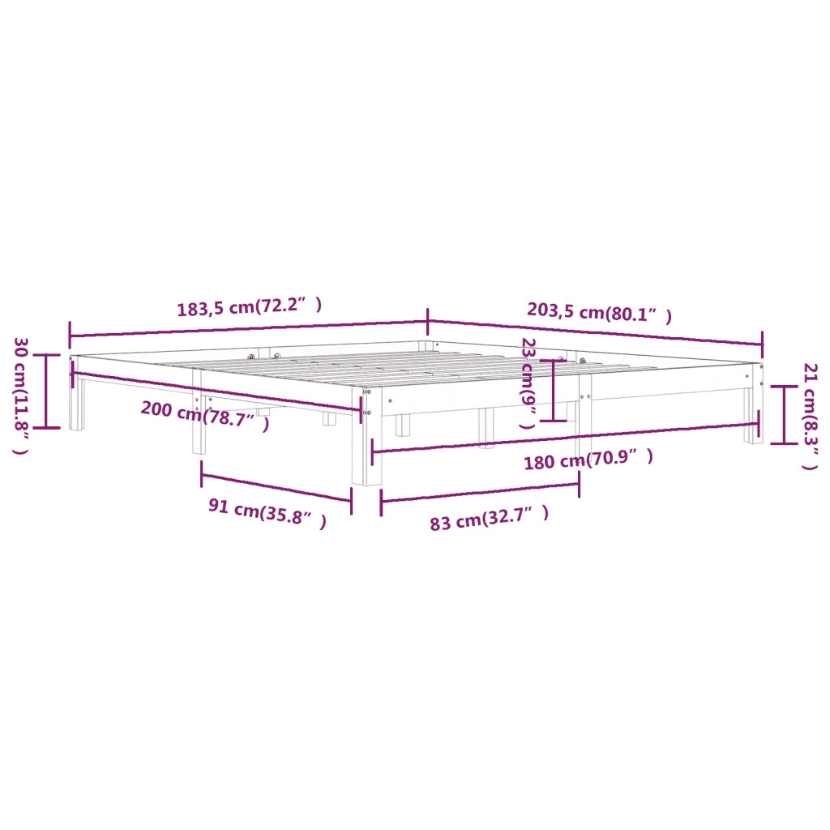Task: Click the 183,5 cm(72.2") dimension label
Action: coord(250,307)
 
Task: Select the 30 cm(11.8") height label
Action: coord(21,396)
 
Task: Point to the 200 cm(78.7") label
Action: coord(205,415)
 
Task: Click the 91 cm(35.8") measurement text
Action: coord(267,512)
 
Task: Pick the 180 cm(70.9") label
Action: coord(588,459)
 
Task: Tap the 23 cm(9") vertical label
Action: coord(528,383)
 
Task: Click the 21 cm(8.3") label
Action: coord(811,416)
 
